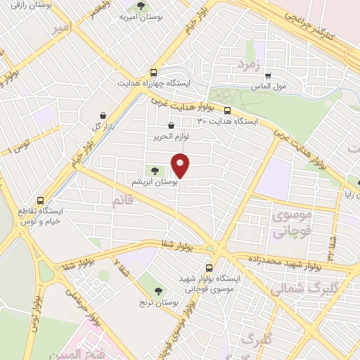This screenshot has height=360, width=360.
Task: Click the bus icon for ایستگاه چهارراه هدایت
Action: (154, 72)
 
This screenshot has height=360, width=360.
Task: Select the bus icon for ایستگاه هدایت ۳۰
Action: (227, 110)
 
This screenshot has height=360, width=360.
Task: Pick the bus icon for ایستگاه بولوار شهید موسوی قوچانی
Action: (209, 267)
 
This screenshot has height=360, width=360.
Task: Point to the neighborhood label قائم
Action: (122, 202)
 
